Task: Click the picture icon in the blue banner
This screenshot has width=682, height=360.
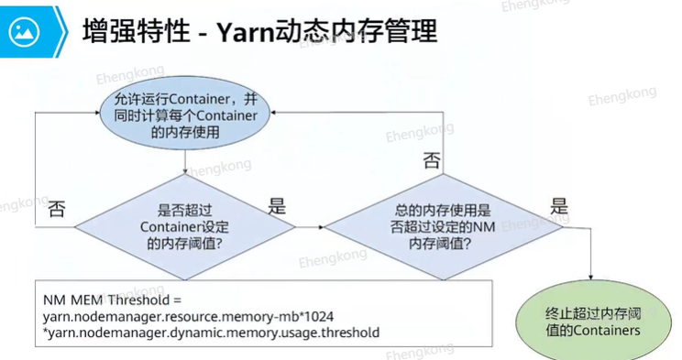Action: pos(24,32)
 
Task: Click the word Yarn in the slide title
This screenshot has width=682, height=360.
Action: pos(246,32)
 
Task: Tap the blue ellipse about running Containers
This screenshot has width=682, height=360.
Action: pos(185,114)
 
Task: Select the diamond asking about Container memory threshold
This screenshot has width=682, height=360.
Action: pos(185,226)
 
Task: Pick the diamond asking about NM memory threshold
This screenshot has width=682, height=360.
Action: pos(444,226)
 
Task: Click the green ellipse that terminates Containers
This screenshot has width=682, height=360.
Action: pos(593,321)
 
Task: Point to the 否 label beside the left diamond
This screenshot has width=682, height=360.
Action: pos(57,209)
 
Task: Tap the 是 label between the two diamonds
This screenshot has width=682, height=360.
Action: pos(277,206)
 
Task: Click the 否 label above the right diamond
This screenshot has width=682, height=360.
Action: pos(432,160)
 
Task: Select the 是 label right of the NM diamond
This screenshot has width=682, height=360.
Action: pos(559,206)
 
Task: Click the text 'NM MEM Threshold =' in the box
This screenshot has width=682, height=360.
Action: pos(112,300)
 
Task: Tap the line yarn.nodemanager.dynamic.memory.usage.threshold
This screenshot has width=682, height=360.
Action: pos(212,333)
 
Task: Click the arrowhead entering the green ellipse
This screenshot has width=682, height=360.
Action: pos(590,277)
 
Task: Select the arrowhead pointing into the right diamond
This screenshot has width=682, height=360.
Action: pos(322,227)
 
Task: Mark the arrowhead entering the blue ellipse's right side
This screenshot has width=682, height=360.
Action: pos(273,113)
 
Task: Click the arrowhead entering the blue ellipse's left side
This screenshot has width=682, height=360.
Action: pos(97,113)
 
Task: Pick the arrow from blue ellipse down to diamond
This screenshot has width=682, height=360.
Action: pos(185,162)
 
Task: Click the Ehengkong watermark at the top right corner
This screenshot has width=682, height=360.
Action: pos(535,5)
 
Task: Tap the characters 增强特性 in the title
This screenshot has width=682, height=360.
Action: pos(137,32)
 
